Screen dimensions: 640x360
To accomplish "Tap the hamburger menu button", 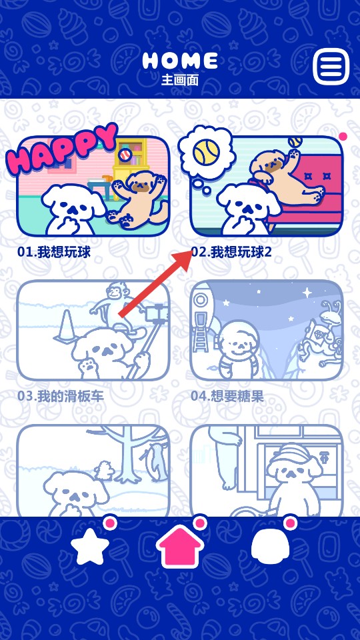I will (331, 67).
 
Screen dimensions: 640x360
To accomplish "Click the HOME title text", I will (180, 61).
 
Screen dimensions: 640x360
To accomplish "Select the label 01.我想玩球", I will (54, 253).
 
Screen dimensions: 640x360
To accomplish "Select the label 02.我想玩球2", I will (231, 253).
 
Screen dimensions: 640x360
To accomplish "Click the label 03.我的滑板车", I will (61, 396).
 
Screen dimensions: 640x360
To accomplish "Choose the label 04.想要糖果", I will (227, 396).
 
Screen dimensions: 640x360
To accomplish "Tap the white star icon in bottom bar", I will (90, 547).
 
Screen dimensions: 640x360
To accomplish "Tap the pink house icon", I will (180, 545).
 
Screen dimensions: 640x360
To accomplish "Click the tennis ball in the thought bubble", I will (206, 153).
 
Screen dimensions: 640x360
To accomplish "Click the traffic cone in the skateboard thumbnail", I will (66, 326).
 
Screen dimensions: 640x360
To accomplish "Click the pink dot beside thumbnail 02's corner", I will (343, 137).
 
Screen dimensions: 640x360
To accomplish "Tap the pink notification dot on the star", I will (110, 523).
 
